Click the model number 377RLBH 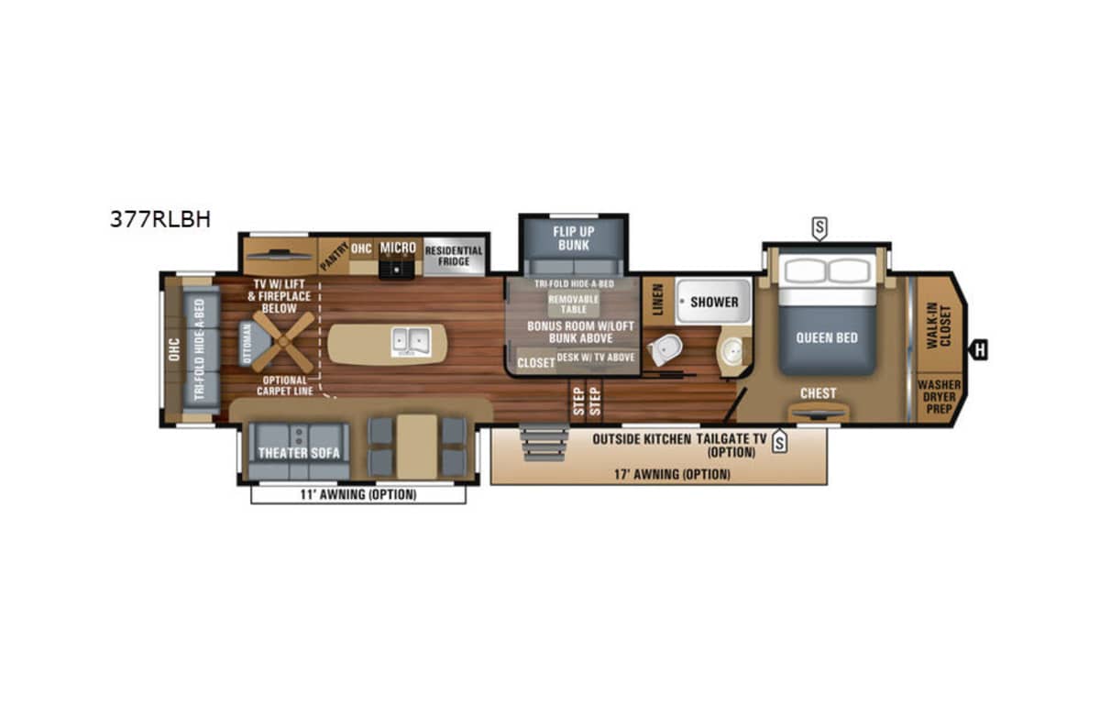[x=160, y=219]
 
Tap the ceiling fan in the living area [x=283, y=341]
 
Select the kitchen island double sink [x=411, y=342]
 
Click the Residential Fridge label [x=454, y=256]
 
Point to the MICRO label [x=398, y=248]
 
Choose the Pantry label [x=334, y=256]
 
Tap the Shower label [x=714, y=302]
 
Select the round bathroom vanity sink [x=731, y=350]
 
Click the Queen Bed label [x=827, y=338]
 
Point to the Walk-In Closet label [x=939, y=325]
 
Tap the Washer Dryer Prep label [x=939, y=396]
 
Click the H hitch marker [x=979, y=350]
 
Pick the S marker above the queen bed [x=819, y=228]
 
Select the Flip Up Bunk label [x=574, y=238]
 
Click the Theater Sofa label [x=299, y=453]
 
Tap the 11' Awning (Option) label [x=358, y=494]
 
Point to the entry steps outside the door [x=544, y=443]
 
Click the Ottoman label [x=247, y=344]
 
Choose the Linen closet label [x=657, y=300]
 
